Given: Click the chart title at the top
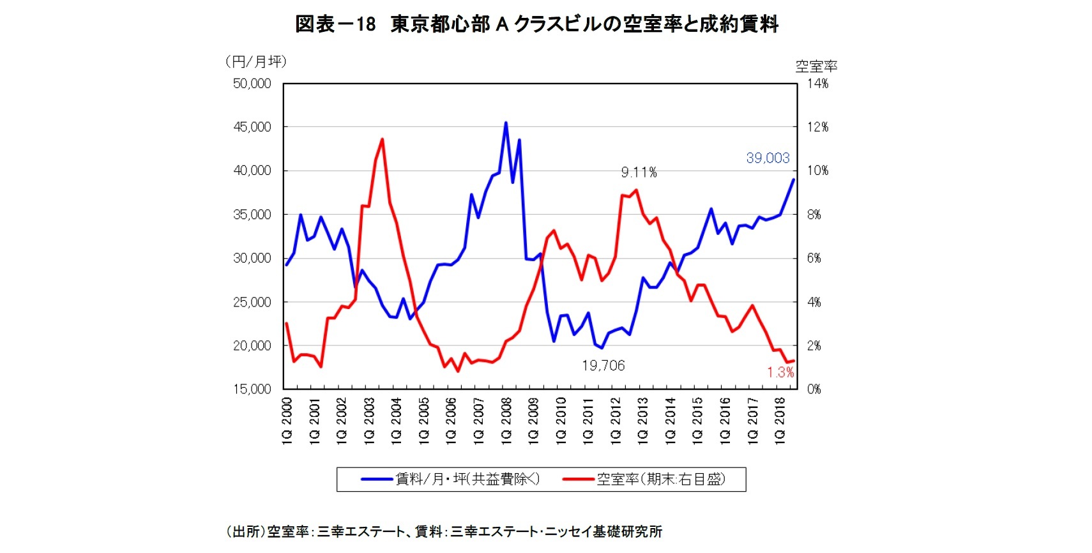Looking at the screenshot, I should click(536, 24).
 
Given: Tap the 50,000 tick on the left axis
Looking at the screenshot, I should click(252, 84).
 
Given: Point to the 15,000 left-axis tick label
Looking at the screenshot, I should click(252, 389).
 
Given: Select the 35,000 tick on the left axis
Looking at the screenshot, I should click(252, 215).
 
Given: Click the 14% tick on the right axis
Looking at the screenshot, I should click(817, 84).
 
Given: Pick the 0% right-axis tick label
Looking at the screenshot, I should click(814, 389).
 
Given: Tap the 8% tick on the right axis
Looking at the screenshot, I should click(814, 215).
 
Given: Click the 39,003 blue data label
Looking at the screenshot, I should click(768, 158).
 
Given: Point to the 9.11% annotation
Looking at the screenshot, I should click(639, 172).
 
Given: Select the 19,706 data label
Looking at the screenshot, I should click(603, 365).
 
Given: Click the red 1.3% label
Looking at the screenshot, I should click(780, 372).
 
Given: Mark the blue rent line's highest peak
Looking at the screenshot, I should click(506, 123).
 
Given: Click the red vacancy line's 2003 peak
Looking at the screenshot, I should click(382, 139).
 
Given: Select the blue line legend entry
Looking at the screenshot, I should click(451, 479).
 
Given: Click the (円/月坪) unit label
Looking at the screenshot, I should click(256, 61).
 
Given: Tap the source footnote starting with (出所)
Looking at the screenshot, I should click(444, 531).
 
